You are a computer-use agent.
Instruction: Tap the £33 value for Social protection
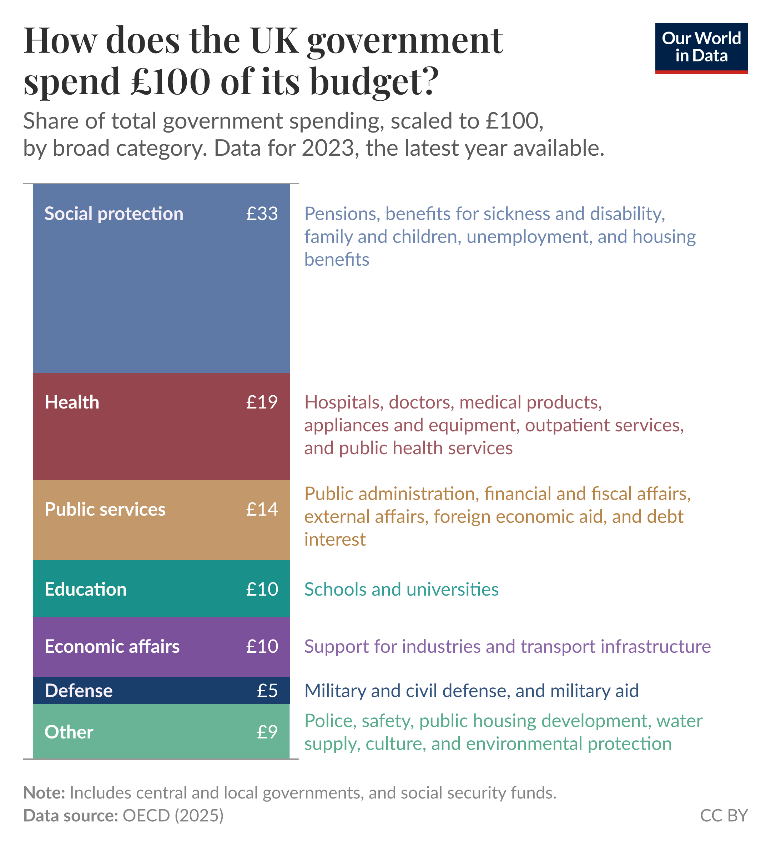point(262,214)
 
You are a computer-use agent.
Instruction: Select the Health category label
point(72,402)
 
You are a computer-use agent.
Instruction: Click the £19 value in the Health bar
point(262,402)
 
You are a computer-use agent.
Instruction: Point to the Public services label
point(105,510)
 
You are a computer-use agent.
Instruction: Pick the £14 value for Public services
point(262,510)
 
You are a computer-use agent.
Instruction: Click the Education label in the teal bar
point(86,590)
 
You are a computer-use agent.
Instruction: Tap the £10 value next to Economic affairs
point(262,647)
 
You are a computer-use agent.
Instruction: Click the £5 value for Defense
point(267,691)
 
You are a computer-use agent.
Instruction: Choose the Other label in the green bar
point(69,732)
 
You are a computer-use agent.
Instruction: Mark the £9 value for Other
point(267,732)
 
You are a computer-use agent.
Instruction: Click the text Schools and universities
point(401,590)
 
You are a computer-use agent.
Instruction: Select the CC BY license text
point(724,816)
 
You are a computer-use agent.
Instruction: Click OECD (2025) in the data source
point(173,816)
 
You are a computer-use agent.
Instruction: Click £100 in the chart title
point(170,81)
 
